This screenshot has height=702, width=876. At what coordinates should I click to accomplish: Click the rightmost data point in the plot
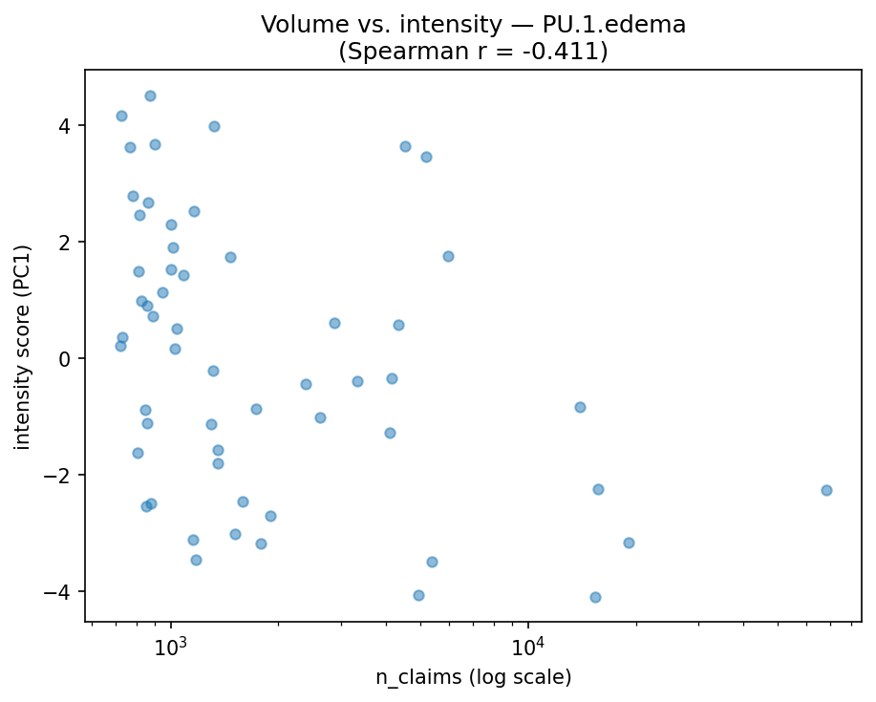point(826,490)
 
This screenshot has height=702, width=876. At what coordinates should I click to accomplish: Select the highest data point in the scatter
point(150,96)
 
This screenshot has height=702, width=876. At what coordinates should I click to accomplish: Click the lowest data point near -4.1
point(595,597)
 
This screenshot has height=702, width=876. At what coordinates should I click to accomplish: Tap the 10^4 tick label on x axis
point(528,646)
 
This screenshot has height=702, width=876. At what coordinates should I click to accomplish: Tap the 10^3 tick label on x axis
point(171,646)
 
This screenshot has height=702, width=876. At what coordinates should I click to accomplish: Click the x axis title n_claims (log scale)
point(473,677)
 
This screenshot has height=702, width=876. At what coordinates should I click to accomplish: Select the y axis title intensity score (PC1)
point(23,347)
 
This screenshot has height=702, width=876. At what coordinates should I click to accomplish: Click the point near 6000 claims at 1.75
point(448,256)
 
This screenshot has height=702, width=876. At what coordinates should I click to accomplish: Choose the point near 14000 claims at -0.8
point(580,407)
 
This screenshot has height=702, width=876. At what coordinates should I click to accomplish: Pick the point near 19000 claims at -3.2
point(629,542)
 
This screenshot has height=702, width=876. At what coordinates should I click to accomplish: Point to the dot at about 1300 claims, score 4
point(214,126)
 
